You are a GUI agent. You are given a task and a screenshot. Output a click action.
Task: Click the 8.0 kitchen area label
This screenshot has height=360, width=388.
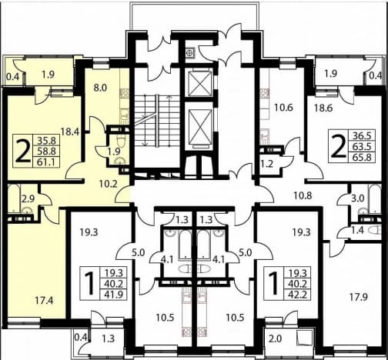100,88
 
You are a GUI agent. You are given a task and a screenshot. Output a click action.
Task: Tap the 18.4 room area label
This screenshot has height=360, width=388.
69,132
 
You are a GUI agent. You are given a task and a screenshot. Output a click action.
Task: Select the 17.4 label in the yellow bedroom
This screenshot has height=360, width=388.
45,300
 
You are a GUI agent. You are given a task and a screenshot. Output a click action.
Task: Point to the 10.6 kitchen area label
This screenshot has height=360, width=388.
283,108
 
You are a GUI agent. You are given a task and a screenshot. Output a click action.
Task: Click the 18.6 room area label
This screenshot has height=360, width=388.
323,108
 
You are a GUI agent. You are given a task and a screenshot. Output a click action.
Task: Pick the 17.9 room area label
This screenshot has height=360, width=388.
359,297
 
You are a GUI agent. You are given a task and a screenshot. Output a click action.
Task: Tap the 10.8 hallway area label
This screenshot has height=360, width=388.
303,195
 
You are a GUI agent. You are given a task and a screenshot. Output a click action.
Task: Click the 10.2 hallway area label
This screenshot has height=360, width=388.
109,184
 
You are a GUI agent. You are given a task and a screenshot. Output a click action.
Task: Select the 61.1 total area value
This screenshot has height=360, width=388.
46,162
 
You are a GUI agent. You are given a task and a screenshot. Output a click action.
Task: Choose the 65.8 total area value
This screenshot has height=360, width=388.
363,157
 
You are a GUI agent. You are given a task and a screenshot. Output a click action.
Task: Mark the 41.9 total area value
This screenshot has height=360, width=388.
114,295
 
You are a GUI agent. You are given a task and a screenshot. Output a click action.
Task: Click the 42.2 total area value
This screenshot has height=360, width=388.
298,294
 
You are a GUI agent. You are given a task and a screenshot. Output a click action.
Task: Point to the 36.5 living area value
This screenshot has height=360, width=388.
363,135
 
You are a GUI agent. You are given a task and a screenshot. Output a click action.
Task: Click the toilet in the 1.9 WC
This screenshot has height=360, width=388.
120,142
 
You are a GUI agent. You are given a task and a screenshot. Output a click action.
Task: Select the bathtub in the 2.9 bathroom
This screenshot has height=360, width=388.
13,198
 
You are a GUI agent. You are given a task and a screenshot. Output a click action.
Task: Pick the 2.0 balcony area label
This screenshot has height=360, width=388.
276,338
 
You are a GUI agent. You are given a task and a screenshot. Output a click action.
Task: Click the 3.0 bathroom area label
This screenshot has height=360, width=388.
358,198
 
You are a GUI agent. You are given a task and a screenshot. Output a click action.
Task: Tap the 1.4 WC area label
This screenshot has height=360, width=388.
357,231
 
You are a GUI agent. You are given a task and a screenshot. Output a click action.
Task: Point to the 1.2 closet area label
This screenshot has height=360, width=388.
267,164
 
